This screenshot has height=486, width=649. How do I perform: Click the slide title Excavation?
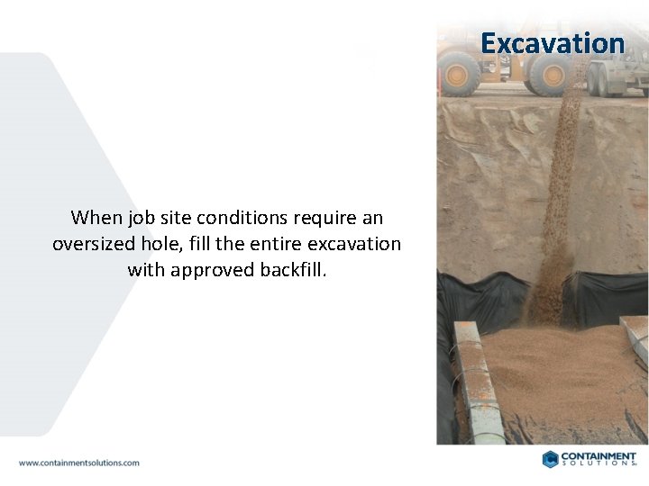click(x=552, y=43)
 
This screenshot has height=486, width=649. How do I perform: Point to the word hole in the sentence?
click(x=164, y=244)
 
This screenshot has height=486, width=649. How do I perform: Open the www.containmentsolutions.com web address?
click(x=79, y=463)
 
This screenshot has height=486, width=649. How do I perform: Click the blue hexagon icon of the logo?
click(x=550, y=459)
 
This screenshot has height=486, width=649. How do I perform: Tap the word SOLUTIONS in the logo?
click(x=599, y=464)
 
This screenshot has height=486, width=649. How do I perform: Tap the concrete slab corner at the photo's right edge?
click(x=636, y=337)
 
